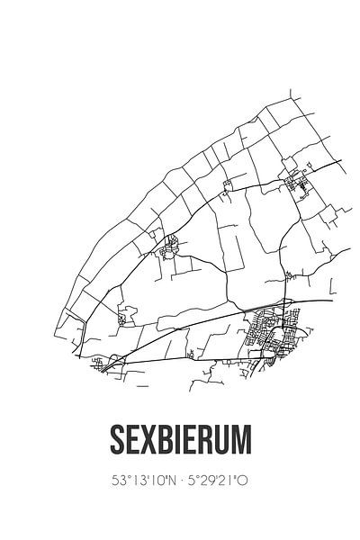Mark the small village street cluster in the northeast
click(296, 184)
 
